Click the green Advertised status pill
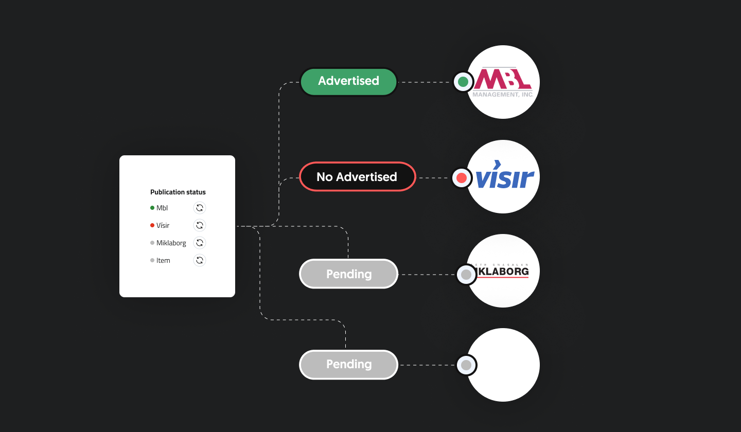(348, 81)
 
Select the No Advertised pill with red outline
(357, 176)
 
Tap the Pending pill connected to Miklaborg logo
(348, 274)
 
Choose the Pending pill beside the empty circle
(348, 364)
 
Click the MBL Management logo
(503, 82)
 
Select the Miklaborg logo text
(503, 271)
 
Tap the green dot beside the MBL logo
(463, 81)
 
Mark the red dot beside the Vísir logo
(462, 178)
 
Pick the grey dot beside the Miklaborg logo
(466, 275)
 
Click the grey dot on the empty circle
(466, 365)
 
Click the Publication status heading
(178, 192)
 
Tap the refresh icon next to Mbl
(200, 208)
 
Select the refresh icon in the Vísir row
(200, 225)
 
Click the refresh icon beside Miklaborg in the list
(200, 243)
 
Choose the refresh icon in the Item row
(200, 260)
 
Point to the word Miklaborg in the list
(171, 243)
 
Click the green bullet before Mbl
(152, 208)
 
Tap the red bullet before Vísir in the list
(152, 225)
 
